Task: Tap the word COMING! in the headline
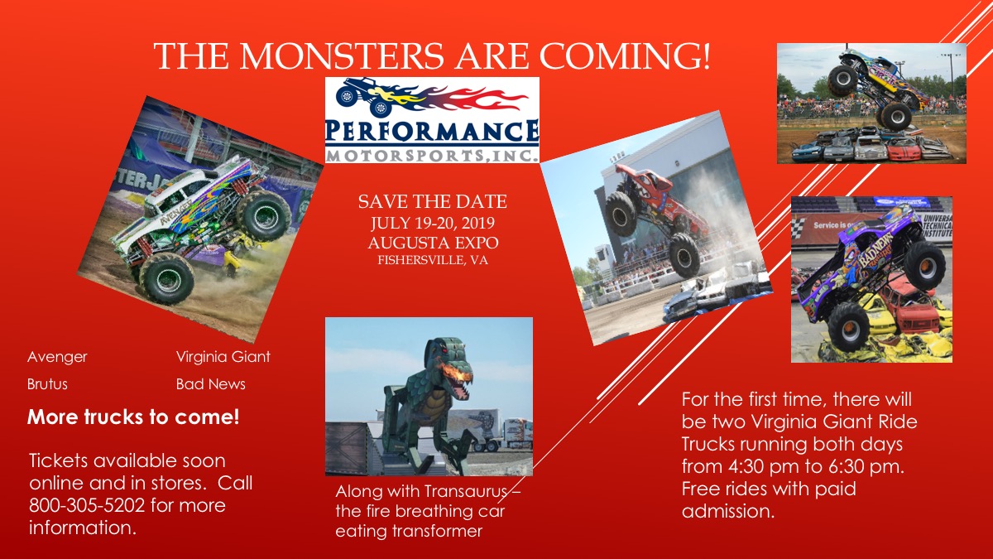coord(625,56)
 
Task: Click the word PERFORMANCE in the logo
coord(432,132)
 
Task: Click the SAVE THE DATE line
coord(432,202)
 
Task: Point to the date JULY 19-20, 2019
coord(433,223)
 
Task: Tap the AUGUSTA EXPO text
coord(433,243)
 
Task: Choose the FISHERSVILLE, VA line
coord(433,260)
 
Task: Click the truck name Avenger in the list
coord(57,357)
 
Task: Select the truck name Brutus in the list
coord(47,383)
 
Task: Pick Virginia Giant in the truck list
coord(223,357)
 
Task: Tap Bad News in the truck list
coord(210,383)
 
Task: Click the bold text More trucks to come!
coord(133,417)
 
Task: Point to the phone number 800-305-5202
coord(87,505)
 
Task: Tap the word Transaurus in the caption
coord(465,492)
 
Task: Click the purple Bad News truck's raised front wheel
coord(926,266)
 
